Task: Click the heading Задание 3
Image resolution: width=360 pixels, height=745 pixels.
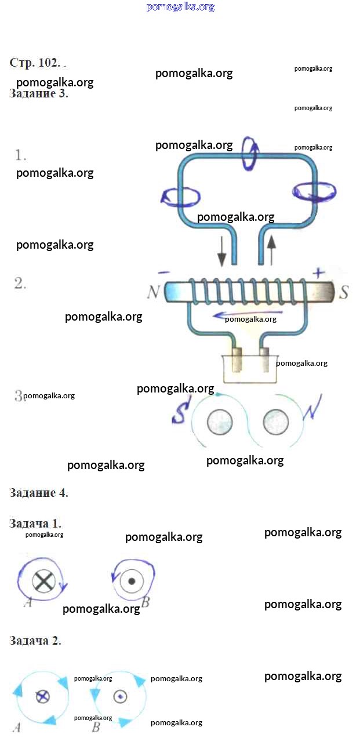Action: pyautogui.click(x=39, y=93)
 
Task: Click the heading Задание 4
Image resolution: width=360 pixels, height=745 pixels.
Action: pyautogui.click(x=39, y=493)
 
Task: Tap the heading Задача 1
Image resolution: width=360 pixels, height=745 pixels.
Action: pyautogui.click(x=35, y=524)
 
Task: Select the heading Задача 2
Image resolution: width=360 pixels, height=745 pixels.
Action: pyautogui.click(x=35, y=641)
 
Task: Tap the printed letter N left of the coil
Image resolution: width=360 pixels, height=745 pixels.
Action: pyautogui.click(x=153, y=292)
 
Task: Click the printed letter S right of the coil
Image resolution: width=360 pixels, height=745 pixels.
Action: pyautogui.click(x=344, y=293)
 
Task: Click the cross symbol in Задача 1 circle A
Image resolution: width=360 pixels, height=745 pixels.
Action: pyautogui.click(x=42, y=581)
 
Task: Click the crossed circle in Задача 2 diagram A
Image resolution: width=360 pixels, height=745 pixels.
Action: pyautogui.click(x=42, y=696)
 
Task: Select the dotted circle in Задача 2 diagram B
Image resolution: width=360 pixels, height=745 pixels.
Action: pyautogui.click(x=119, y=696)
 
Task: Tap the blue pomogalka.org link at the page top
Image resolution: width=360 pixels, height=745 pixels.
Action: pyautogui.click(x=180, y=7)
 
